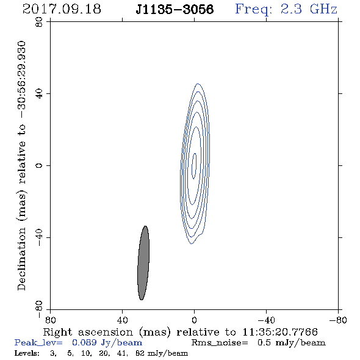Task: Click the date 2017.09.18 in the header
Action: pyautogui.click(x=62, y=9)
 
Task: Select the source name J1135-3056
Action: pyautogui.click(x=175, y=9)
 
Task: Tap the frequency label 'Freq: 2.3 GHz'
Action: pyautogui.click(x=286, y=9)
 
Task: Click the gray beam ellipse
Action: pyautogui.click(x=143, y=263)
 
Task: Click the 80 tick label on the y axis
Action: pyautogui.click(x=39, y=22)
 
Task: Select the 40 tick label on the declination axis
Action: pyautogui.click(x=39, y=94)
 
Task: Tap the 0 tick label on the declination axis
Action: pyautogui.click(x=39, y=165)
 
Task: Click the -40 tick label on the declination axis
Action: pyautogui.click(x=39, y=237)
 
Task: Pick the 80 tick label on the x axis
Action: pyautogui.click(x=50, y=320)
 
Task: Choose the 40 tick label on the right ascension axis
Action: pyautogui.click(x=123, y=320)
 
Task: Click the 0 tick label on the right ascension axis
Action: pyautogui.click(x=194, y=320)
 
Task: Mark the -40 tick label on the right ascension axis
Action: pyautogui.click(x=266, y=320)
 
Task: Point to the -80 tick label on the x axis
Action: pyautogui.click(x=338, y=320)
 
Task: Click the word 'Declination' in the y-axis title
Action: pyautogui.click(x=21, y=259)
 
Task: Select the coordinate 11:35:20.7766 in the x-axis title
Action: pyautogui.click(x=280, y=332)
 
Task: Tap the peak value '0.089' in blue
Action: pyautogui.click(x=84, y=342)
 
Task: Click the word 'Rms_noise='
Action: pyautogui.click(x=220, y=343)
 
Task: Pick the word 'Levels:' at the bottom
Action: pyautogui.click(x=27, y=353)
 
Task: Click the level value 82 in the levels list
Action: pyautogui.click(x=140, y=353)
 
